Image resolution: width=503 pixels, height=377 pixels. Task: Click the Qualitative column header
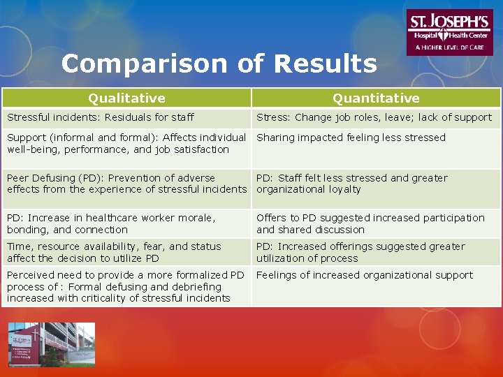tap(126, 98)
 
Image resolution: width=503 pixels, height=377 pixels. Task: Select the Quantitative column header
tap(376, 98)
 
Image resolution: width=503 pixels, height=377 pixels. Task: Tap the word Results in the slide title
tap(326, 64)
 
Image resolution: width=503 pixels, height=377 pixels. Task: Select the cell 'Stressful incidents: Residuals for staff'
tap(101, 117)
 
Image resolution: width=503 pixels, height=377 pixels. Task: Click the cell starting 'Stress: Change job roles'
tap(374, 117)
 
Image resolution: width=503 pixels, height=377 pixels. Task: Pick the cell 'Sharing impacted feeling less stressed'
tap(351, 138)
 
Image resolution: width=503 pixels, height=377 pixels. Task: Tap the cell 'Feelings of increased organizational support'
tap(365, 275)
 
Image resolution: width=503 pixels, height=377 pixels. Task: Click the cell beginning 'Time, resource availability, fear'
tap(114, 252)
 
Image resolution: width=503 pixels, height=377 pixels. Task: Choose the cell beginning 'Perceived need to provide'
tap(126, 286)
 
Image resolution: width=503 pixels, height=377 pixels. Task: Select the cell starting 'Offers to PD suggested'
tap(370, 223)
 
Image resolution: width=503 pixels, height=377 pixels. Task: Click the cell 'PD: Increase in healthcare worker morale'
tap(111, 223)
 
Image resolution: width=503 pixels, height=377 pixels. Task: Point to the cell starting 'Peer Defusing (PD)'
tap(126, 184)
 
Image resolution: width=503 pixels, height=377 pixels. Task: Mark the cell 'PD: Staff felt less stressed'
tap(352, 184)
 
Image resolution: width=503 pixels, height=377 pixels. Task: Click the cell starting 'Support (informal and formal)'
tap(126, 143)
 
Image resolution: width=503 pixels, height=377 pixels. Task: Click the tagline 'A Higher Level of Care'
tap(449, 47)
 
